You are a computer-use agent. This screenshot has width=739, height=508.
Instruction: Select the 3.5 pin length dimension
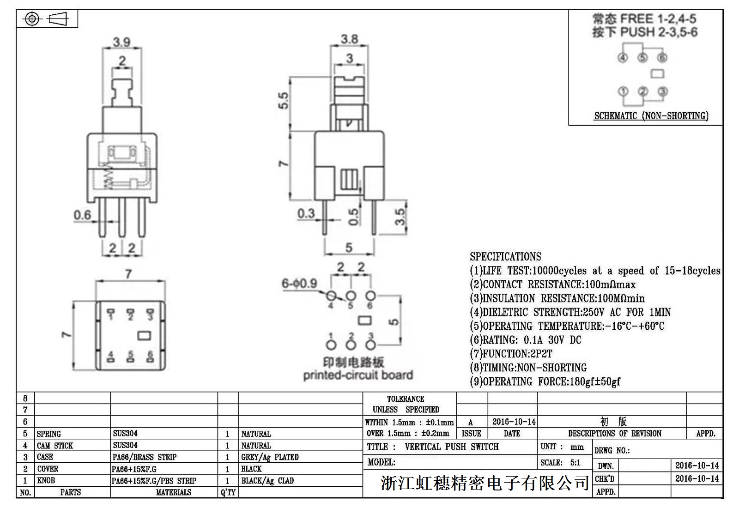[x=400, y=216]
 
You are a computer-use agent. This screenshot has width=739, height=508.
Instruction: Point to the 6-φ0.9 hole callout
[x=299, y=283]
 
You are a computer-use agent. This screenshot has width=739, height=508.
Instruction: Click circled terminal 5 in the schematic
[x=642, y=58]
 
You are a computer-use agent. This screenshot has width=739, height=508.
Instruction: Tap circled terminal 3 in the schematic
[x=662, y=91]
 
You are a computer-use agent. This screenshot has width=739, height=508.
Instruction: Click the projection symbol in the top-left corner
[x=47, y=19]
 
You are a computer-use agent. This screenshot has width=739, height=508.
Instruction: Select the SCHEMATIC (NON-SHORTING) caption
[x=651, y=116]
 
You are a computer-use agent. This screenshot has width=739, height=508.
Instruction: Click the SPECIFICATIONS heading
[x=505, y=257]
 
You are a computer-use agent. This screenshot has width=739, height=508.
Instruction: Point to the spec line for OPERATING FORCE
[x=545, y=381]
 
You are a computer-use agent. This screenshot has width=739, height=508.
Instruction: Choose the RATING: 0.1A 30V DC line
[x=525, y=340]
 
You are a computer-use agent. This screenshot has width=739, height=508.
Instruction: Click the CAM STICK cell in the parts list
[x=55, y=446]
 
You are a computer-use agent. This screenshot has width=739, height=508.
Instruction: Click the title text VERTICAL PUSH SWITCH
[x=451, y=447]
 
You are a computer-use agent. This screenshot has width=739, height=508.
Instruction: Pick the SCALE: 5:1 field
[x=560, y=463]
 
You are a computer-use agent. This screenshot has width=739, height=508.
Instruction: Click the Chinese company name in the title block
[x=485, y=483]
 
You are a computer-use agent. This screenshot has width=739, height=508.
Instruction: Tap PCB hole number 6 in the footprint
[x=370, y=296]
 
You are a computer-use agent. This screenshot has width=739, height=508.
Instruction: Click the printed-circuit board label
[x=357, y=375]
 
